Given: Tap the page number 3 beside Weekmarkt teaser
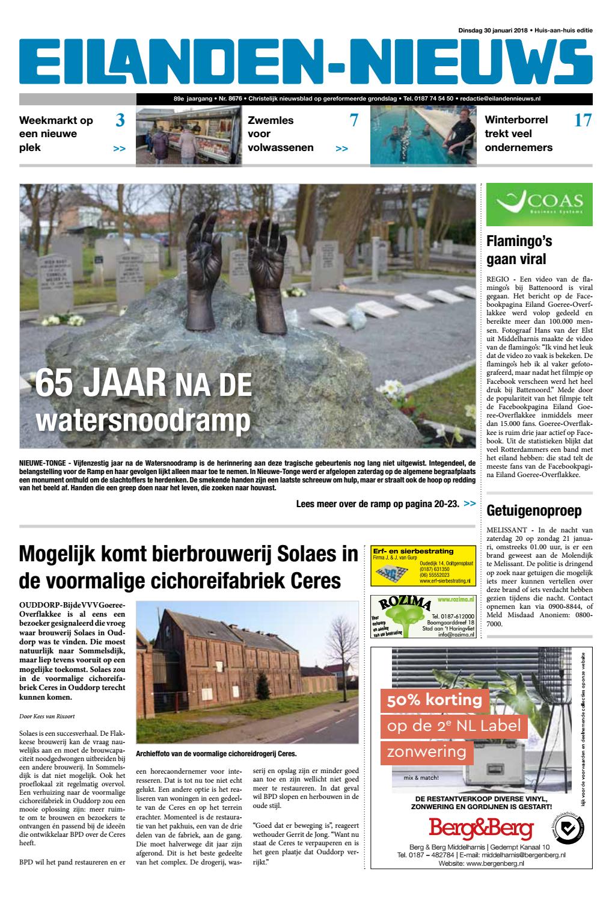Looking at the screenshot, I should coord(120,121).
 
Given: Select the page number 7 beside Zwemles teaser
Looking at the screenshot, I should coord(353,121).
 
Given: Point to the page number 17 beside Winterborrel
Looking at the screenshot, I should coord(582,121).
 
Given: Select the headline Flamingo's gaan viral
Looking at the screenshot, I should coord(519,250).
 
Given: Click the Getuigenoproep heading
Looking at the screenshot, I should coord(534,511).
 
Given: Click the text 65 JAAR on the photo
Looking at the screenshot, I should coord(99,383).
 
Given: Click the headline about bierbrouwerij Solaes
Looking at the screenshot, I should coord(188,567).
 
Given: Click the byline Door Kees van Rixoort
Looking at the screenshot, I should coord(51,716).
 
